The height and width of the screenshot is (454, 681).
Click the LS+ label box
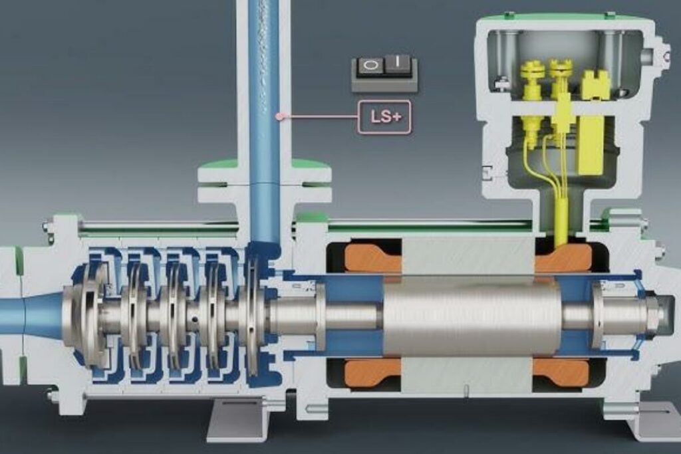point(384,116)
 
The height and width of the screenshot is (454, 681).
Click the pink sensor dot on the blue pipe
point(279,116)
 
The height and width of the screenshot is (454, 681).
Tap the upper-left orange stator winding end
point(372,257)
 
